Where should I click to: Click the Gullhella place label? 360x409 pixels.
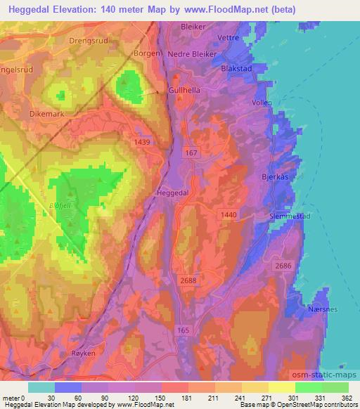[x=186, y=91]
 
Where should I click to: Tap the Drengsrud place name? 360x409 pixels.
[x=87, y=41]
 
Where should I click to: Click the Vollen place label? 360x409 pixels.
[x=262, y=103]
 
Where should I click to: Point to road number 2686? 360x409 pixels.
[x=283, y=266]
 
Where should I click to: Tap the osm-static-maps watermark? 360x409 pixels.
[x=326, y=375]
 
